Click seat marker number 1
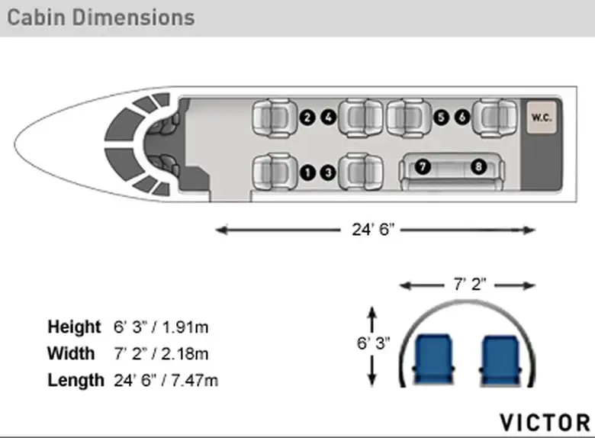(307, 172)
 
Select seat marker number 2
(307, 118)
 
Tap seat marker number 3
(328, 172)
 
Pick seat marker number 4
(329, 117)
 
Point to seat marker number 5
(441, 118)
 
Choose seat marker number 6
(462, 117)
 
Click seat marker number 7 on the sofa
(423, 166)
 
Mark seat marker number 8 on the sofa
(478, 166)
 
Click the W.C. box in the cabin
(542, 118)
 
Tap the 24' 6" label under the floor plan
(373, 230)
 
